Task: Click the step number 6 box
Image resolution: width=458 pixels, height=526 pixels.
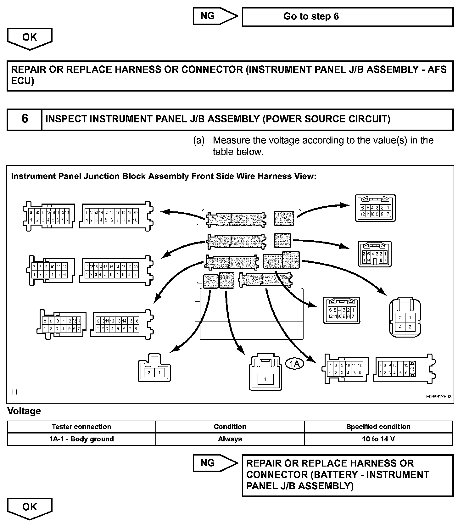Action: pyautogui.click(x=25, y=119)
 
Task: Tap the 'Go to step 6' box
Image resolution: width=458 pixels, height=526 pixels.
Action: pyautogui.click(x=347, y=17)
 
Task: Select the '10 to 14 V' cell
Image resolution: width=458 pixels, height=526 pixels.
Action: pyautogui.click(x=378, y=439)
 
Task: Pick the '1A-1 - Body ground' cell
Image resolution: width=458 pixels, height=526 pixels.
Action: pyautogui.click(x=81, y=439)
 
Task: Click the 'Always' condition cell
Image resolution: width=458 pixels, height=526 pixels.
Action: pyautogui.click(x=230, y=439)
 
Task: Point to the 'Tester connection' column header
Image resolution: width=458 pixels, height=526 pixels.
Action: pyautogui.click(x=81, y=427)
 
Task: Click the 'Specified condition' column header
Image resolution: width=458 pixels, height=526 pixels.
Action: pyautogui.click(x=378, y=427)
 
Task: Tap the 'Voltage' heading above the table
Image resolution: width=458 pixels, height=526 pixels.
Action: pyautogui.click(x=24, y=411)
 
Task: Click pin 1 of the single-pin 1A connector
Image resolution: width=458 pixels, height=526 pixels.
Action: pyautogui.click(x=265, y=379)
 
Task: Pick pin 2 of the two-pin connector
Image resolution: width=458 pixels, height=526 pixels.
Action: pyautogui.click(x=149, y=373)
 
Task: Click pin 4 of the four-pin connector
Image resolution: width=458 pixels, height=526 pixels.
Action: pyautogui.click(x=400, y=327)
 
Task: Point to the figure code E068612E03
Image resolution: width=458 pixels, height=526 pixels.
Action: pyautogui.click(x=439, y=397)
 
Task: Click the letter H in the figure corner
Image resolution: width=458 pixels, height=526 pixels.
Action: pyautogui.click(x=14, y=392)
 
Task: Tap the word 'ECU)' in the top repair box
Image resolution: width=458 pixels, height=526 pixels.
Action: pyautogui.click(x=23, y=81)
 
